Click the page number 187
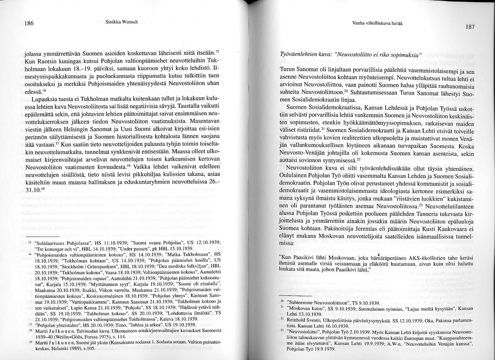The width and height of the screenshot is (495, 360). [x=470, y=27]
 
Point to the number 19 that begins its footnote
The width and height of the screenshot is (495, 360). [x=30, y=342]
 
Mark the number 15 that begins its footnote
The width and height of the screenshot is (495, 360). [x=30, y=244]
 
